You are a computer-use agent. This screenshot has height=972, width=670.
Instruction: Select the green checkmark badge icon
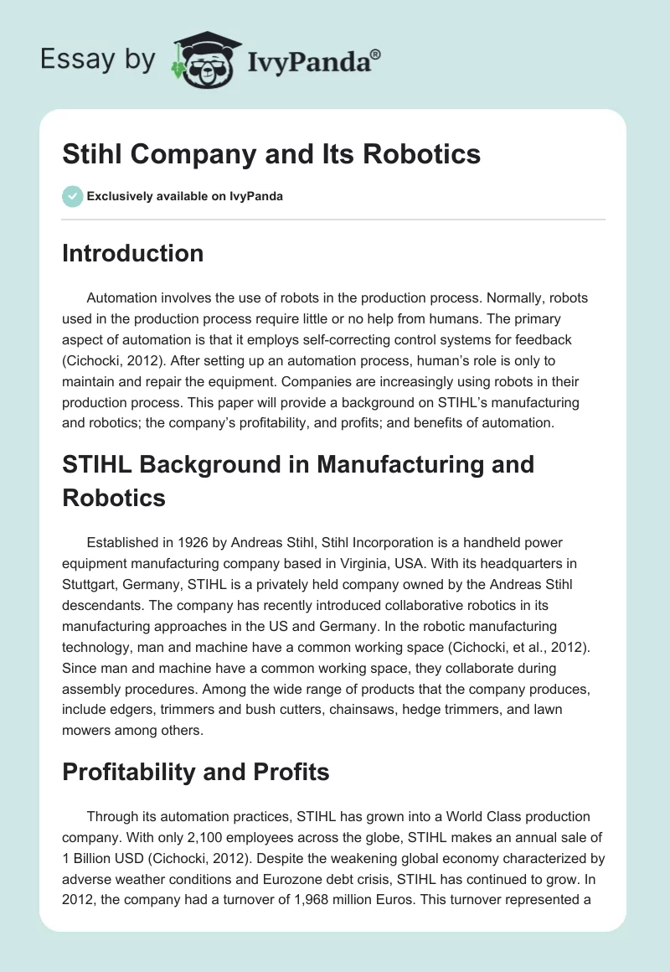tap(72, 196)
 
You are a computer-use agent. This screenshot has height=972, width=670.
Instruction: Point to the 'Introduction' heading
tap(132, 253)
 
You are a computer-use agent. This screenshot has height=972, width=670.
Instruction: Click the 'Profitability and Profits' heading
tap(195, 771)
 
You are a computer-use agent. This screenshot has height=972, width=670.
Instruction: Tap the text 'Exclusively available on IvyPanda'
tap(184, 196)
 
